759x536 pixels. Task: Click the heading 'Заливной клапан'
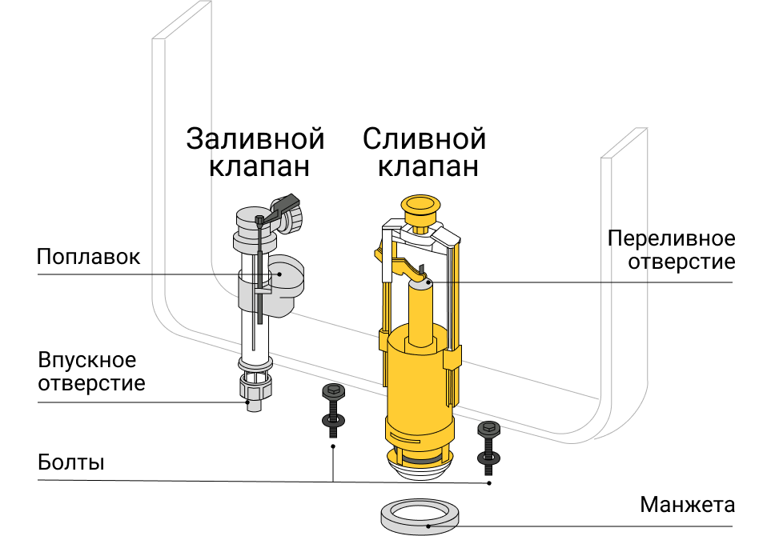(x=255, y=152)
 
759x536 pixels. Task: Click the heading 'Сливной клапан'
(x=424, y=152)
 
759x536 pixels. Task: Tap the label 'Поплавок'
(x=89, y=257)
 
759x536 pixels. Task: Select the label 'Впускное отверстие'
(x=91, y=371)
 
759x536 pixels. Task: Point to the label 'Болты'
(x=71, y=462)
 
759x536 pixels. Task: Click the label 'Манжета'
(x=688, y=505)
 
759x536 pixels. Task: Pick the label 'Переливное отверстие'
(x=672, y=250)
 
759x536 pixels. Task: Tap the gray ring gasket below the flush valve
(x=420, y=517)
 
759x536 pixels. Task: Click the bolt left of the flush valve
(x=334, y=410)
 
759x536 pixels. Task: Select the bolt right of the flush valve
(x=489, y=447)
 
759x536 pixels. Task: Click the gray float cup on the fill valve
(x=286, y=286)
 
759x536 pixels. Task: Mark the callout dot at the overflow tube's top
(x=429, y=282)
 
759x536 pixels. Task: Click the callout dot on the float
(x=279, y=274)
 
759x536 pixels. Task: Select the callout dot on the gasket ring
(x=428, y=526)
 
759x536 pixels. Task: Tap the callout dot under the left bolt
(x=333, y=446)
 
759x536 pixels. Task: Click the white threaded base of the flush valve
(x=420, y=465)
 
